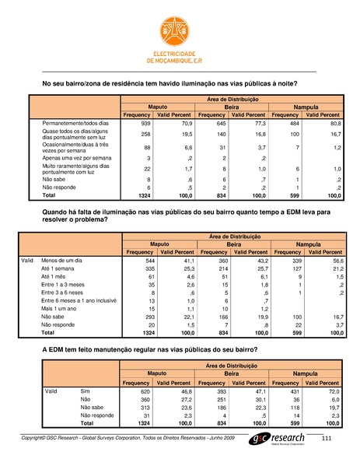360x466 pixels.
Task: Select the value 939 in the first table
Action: [145, 124]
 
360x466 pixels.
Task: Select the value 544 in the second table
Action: [145, 261]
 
